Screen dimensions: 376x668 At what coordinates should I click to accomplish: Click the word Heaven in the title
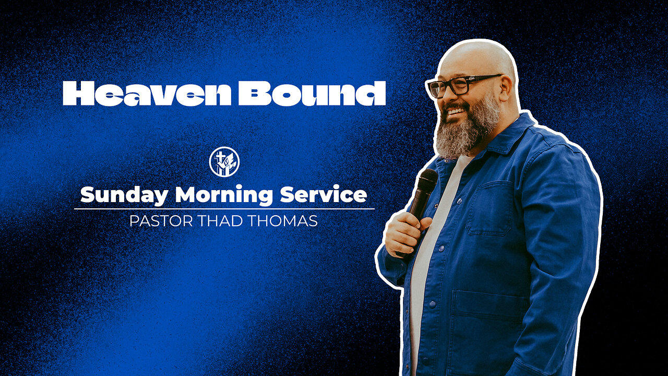coord(148,93)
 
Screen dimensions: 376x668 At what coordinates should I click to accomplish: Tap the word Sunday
coord(124,195)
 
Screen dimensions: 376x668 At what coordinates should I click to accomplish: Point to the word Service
coord(323,195)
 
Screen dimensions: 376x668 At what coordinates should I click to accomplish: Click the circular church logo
coord(224,161)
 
